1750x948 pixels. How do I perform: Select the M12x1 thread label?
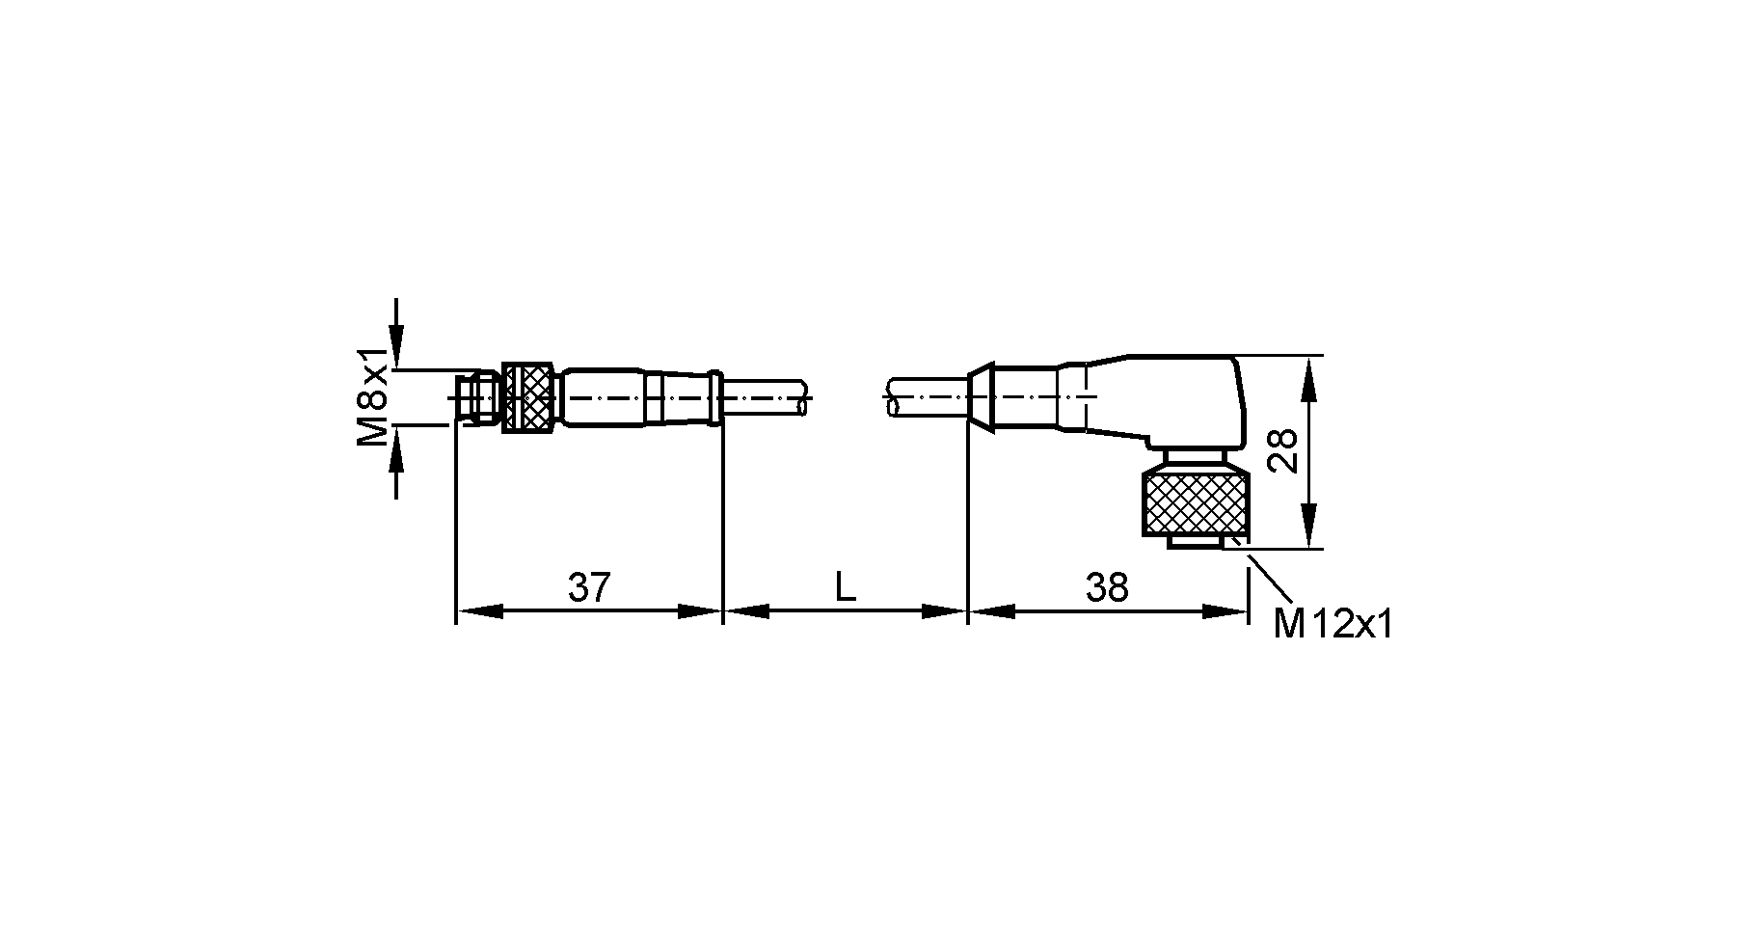pos(1333,625)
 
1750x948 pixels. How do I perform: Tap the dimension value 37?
pos(589,586)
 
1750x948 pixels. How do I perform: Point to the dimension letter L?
pos(845,586)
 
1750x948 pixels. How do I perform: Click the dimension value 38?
pos(1106,586)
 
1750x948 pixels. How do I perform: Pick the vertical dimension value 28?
pos(1283,451)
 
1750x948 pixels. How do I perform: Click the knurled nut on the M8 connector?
pos(529,396)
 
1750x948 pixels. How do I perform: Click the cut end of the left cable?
pos(803,397)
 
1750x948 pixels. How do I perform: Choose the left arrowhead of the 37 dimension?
pos(479,611)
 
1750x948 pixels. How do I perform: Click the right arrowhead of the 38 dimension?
pos(1225,611)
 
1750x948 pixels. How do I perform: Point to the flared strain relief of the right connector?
pos(982,396)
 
